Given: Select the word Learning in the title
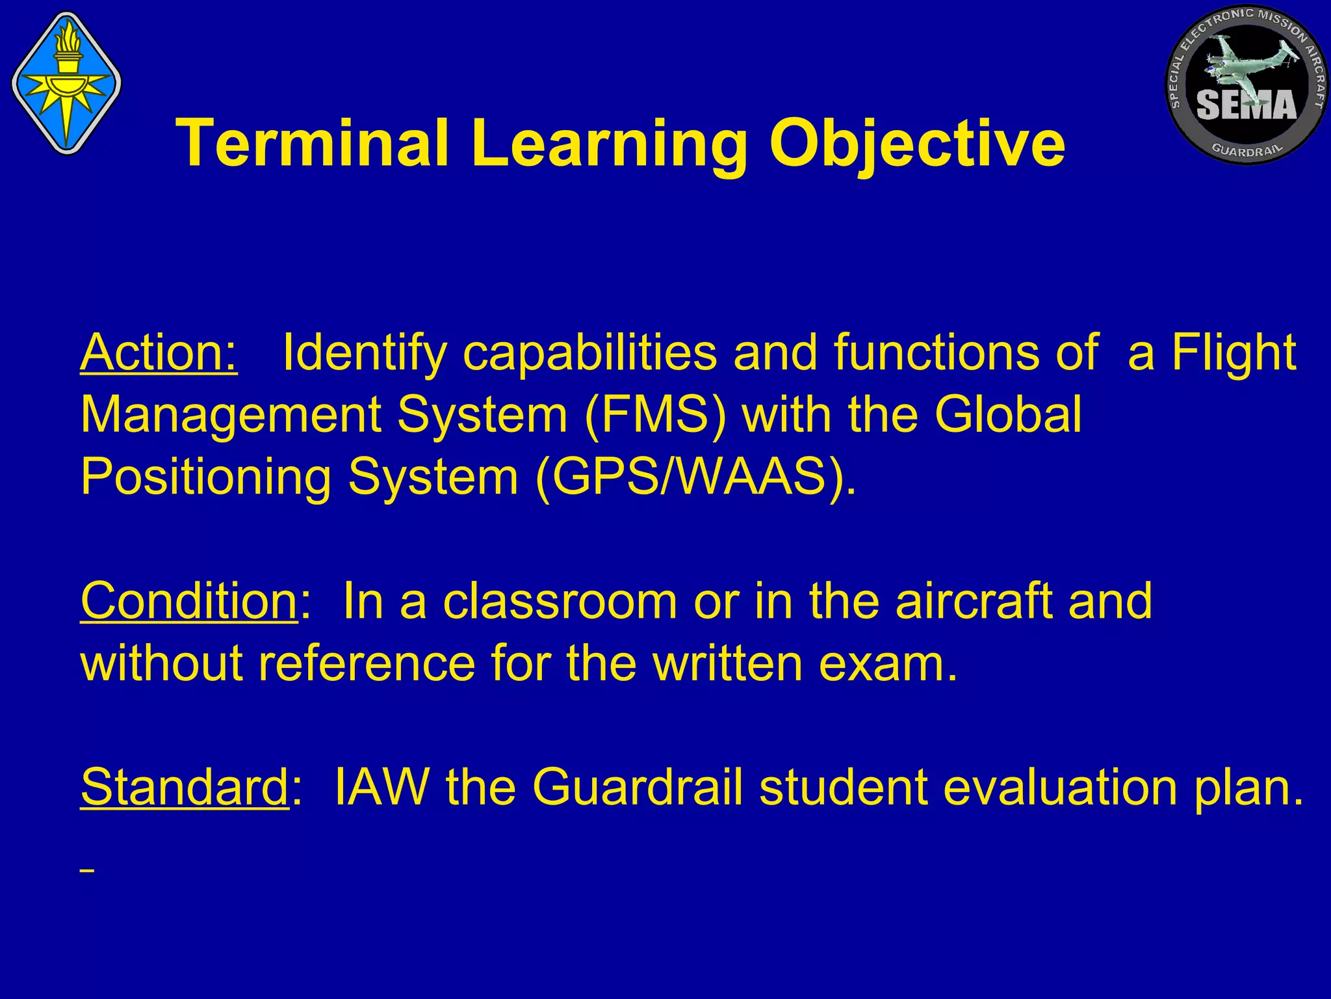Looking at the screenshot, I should (x=608, y=144).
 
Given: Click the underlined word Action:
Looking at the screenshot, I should (x=159, y=353).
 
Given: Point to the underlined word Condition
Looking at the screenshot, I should (x=188, y=601).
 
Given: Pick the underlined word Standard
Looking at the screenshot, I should (x=184, y=787).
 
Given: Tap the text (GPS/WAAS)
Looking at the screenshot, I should (x=695, y=477).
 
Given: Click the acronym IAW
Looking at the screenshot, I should (x=381, y=787).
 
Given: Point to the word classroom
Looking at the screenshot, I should (x=560, y=601).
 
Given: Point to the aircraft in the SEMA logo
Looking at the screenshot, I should (x=1238, y=62).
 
